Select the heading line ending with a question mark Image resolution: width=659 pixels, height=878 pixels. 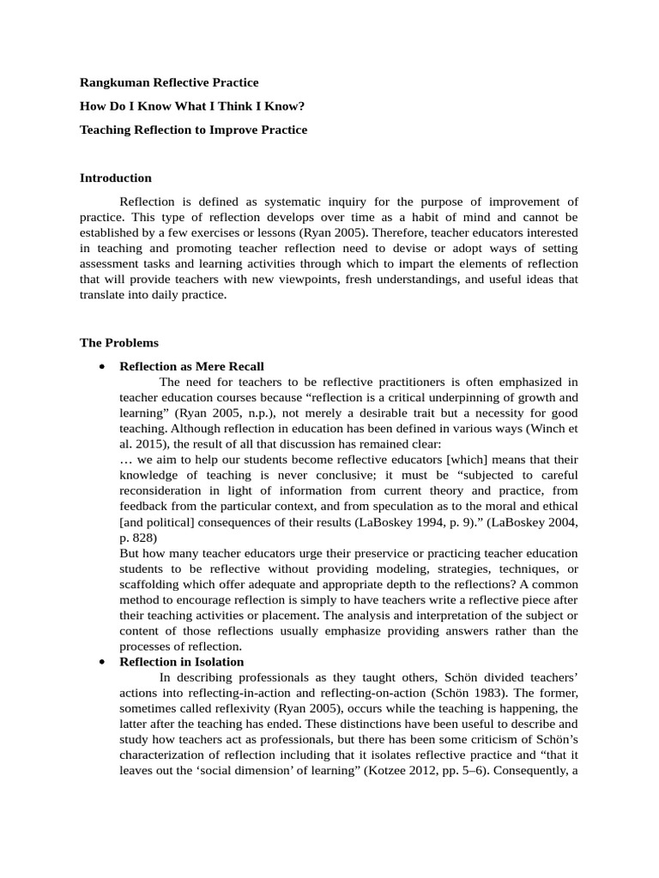click(x=192, y=106)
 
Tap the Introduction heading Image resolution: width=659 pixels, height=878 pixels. click(x=116, y=178)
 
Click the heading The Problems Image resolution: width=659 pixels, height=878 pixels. click(x=119, y=342)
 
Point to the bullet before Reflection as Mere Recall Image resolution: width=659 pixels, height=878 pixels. click(x=102, y=366)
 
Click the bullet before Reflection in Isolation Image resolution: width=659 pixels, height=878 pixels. click(x=102, y=662)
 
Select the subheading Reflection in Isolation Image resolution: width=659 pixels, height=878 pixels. click(x=182, y=662)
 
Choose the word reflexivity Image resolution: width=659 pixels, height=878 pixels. click(x=226, y=708)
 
